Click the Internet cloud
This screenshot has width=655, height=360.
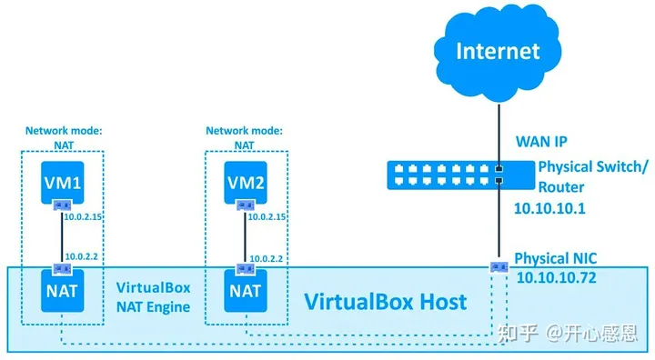497,52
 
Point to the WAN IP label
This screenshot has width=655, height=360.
541,142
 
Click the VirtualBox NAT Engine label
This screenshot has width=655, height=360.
153,296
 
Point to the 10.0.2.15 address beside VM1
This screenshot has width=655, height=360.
85,217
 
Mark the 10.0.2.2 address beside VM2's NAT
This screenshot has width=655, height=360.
266,258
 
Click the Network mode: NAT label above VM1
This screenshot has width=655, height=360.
60,136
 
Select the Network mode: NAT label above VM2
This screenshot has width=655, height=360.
243,136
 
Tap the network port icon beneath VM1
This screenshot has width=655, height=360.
60,205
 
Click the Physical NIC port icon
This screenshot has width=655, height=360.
498,267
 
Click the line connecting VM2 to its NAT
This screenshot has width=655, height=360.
243,237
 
